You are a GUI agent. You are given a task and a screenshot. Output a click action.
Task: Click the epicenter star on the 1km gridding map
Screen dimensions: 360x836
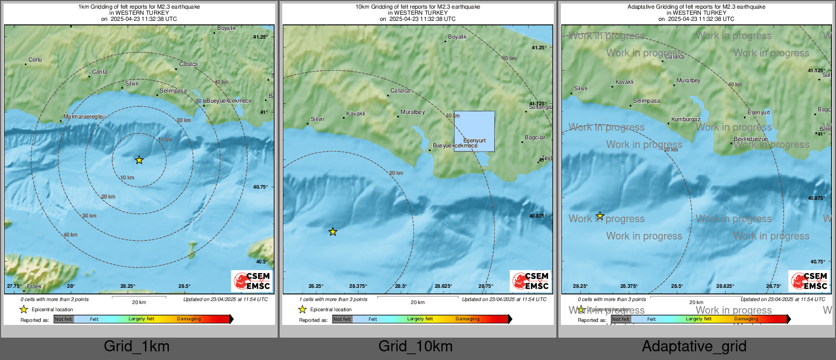139,160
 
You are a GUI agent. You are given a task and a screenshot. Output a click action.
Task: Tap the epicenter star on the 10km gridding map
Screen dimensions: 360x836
333,232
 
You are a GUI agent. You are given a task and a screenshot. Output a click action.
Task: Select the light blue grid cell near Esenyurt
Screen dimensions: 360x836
474,131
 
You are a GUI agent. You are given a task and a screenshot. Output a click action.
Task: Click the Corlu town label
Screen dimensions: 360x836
35,60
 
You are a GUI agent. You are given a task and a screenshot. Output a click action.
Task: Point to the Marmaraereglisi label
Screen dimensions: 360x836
84,117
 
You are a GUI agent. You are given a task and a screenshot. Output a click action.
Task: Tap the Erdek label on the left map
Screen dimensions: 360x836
34,286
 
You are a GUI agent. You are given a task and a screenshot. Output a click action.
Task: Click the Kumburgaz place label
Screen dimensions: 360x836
685,119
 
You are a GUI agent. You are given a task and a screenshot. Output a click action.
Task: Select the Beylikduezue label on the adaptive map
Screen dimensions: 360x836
751,139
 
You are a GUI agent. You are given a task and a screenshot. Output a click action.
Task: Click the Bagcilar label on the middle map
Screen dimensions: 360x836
535,138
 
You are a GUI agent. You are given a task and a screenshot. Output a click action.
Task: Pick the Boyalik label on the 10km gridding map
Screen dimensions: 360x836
457,37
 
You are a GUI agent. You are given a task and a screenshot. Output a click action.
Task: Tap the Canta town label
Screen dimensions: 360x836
100,72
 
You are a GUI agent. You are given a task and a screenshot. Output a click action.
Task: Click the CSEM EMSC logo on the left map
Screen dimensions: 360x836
252,281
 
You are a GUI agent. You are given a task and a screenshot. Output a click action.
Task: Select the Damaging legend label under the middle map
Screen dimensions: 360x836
467,319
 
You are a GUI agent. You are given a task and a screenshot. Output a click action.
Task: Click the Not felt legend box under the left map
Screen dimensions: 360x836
64,319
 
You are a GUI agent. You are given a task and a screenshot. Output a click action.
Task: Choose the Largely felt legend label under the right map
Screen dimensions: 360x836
699,319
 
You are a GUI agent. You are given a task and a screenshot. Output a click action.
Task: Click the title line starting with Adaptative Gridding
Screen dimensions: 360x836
696,7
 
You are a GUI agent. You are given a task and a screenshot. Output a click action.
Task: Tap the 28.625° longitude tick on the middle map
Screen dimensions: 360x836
443,286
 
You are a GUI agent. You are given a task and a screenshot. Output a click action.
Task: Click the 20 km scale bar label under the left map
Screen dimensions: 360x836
139,303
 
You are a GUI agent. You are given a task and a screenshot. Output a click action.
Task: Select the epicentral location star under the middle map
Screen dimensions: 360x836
303,309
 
